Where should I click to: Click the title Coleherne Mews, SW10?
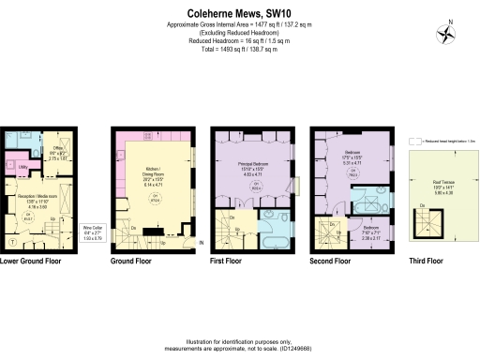(x=239, y=12)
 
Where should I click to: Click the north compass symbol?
(x=446, y=31)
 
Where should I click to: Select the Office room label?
(x=56, y=154)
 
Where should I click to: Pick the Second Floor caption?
(x=334, y=262)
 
